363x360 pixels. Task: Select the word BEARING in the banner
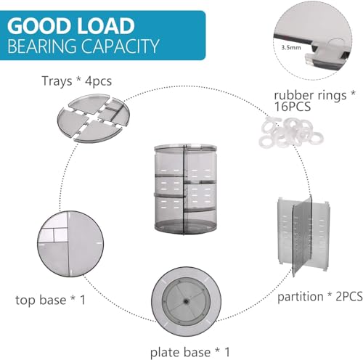pos(42,46)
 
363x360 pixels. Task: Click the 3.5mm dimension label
pos(291,47)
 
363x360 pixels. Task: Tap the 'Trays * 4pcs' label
pos(77,81)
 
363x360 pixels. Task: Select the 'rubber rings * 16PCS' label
pos(314,101)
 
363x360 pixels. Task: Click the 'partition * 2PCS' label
pos(320,296)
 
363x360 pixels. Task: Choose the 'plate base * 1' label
pos(190,352)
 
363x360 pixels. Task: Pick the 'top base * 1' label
pos(51,300)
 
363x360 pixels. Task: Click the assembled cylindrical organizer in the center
pos(186,189)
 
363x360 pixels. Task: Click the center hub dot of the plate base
pos(186,301)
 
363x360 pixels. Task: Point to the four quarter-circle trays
pos(94,118)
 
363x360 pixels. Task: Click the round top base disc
pos(70,243)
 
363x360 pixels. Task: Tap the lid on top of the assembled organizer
pos(186,147)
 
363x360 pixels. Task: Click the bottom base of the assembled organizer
pos(186,227)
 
